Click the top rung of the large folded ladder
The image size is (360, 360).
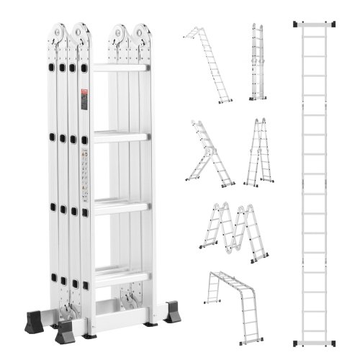[x=120, y=67]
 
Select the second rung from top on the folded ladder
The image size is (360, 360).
[x=120, y=136]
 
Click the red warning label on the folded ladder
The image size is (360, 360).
[x=84, y=99]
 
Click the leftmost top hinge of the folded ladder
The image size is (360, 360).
[x=58, y=34]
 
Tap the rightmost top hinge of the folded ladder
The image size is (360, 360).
[x=143, y=34]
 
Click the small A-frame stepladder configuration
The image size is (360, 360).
[x=258, y=153]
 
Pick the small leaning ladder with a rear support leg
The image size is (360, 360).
[x=209, y=155]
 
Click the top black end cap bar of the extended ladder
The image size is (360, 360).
[x=315, y=24]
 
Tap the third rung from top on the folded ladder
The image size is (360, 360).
[x=120, y=206]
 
